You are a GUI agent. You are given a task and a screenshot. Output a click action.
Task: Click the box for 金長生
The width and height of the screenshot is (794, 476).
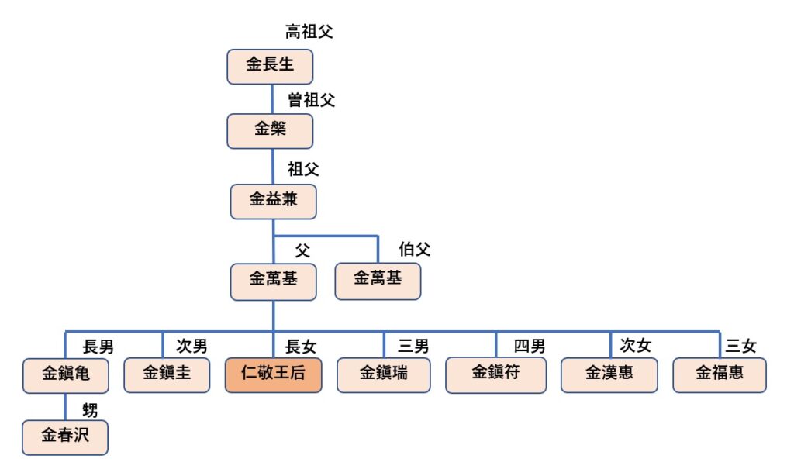(x=270, y=66)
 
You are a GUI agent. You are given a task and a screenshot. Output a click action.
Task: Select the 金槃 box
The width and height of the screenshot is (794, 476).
(x=270, y=130)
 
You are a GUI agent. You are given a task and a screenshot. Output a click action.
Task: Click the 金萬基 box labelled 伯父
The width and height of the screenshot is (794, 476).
(x=378, y=281)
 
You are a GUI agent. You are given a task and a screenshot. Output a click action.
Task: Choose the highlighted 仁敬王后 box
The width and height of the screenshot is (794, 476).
(x=273, y=374)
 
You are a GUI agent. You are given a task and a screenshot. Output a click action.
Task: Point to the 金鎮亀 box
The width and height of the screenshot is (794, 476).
(x=65, y=376)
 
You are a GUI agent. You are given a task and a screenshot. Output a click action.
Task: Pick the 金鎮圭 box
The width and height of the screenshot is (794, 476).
(x=167, y=374)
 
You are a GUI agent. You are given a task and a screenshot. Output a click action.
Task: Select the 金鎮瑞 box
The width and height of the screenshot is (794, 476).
(x=384, y=374)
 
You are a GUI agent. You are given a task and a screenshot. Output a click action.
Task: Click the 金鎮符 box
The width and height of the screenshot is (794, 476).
(x=495, y=374)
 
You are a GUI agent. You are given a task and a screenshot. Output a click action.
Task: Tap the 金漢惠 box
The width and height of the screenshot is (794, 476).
(x=609, y=374)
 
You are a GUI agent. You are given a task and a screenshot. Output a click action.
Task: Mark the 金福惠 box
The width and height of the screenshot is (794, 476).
(x=720, y=374)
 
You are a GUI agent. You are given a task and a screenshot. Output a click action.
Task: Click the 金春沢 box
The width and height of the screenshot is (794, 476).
(x=65, y=436)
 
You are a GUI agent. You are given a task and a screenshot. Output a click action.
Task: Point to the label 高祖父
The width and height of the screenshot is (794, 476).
(x=309, y=33)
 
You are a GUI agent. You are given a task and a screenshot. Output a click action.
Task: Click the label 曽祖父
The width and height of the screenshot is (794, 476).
(x=311, y=100)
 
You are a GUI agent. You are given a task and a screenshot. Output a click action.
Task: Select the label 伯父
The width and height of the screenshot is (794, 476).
(x=414, y=250)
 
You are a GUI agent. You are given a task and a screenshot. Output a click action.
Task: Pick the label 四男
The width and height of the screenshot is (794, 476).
(x=530, y=346)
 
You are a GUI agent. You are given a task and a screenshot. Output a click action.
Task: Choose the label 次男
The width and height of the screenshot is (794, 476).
(x=191, y=346)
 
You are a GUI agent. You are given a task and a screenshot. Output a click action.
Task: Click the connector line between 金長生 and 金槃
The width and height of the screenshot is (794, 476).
(x=272, y=98)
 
